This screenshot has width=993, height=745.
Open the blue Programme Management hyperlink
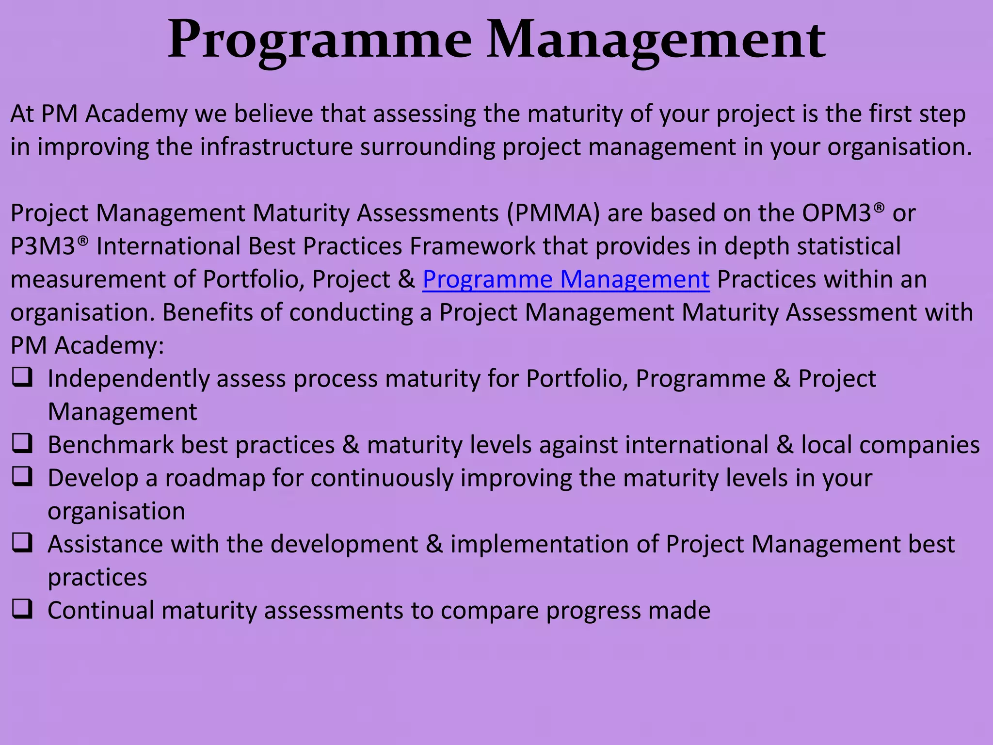(x=566, y=280)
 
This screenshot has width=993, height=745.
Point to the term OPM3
(x=837, y=213)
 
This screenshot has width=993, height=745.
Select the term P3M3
(x=43, y=246)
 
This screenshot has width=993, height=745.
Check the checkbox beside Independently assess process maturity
(x=22, y=377)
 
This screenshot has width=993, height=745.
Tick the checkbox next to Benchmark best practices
(x=22, y=443)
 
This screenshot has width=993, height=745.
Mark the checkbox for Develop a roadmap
(x=22, y=477)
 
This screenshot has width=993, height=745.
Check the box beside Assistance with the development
(x=22, y=543)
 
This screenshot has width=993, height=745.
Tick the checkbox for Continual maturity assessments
(x=22, y=609)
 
